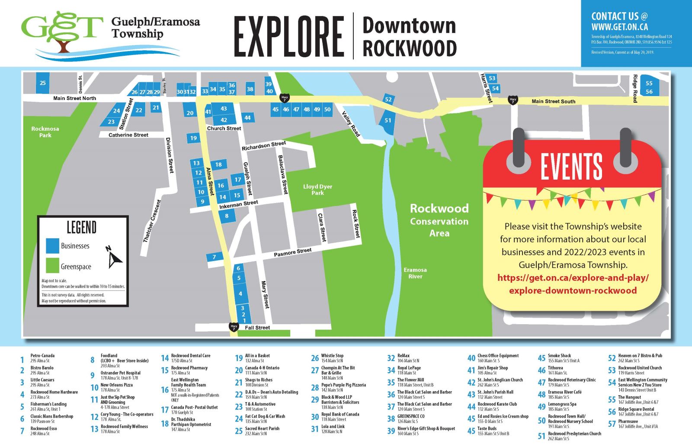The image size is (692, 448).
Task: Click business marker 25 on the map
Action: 42,83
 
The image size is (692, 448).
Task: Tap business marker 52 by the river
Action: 388,100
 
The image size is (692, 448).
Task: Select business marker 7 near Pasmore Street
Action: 215,257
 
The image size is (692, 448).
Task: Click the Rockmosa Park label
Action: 45,132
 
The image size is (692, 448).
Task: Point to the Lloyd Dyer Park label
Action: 317,190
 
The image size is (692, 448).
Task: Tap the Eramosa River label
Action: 415,273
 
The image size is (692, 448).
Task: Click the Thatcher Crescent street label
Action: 151,221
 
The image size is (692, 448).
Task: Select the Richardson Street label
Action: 264,146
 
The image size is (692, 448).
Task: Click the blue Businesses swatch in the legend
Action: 52,245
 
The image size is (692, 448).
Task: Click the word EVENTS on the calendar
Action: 571,166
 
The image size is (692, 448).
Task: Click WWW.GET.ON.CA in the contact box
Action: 619,26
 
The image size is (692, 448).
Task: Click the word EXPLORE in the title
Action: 288,36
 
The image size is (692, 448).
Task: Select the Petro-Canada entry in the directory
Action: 42,356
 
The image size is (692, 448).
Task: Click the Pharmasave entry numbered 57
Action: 628,421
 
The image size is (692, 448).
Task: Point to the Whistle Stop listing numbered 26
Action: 332,356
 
